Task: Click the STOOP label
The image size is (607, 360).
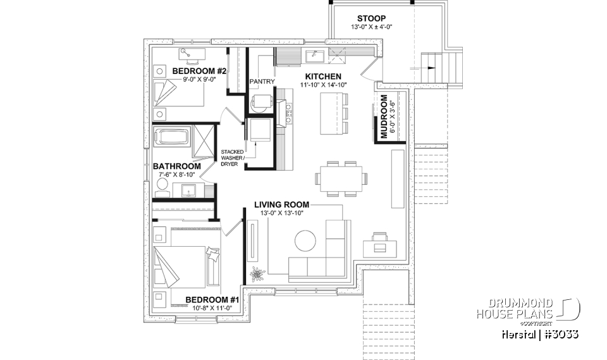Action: pyautogui.click(x=371, y=18)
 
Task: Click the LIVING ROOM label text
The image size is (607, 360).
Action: pyautogui.click(x=281, y=204)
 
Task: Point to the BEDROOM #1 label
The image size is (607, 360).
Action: pyautogui.click(x=212, y=299)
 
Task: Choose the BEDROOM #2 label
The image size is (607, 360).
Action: pyautogui.click(x=195, y=71)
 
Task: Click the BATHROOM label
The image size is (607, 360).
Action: pyautogui.click(x=177, y=166)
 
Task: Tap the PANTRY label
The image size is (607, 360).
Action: pyautogui.click(x=261, y=82)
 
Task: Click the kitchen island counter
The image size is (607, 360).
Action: pyautogui.click(x=329, y=113)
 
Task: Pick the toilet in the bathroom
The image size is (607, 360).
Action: pyautogui.click(x=162, y=186)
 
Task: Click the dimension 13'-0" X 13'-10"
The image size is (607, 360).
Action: pyautogui.click(x=281, y=213)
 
